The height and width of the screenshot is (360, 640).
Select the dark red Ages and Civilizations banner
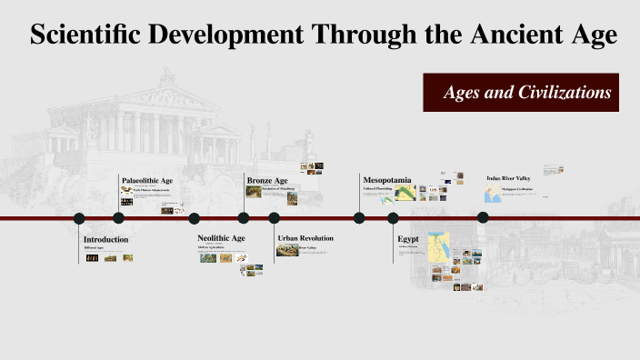(521, 93)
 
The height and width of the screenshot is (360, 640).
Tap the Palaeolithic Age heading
(147, 181)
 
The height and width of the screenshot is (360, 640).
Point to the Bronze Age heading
(267, 181)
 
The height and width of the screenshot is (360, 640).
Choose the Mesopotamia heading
(387, 180)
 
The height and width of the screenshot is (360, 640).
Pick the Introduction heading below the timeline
(106, 239)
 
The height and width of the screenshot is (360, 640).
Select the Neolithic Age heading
(221, 238)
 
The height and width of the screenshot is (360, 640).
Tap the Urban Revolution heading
(305, 238)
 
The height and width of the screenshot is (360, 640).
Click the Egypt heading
(407, 238)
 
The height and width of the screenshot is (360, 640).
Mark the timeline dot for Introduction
(79, 218)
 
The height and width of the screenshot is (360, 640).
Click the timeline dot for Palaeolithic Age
(118, 218)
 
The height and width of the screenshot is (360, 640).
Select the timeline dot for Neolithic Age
(194, 218)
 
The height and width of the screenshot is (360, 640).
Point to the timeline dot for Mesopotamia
(359, 218)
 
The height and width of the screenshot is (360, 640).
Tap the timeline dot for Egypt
(393, 218)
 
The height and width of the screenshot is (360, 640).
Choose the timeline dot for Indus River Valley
(483, 217)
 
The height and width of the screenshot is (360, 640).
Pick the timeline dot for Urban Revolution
(274, 218)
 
